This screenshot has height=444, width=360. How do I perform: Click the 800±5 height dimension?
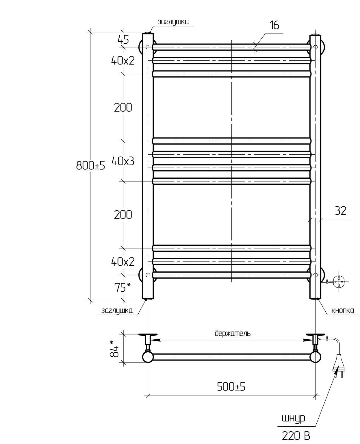(x=91, y=166)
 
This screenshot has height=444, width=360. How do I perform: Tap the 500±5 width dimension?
(x=231, y=387)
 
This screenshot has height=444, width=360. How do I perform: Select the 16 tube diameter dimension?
(x=274, y=25)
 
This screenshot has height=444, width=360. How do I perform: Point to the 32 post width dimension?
(x=341, y=211)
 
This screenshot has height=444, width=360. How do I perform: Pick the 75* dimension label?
(x=123, y=288)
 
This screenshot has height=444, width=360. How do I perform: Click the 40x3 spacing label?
(x=123, y=161)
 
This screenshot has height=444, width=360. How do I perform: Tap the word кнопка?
(x=343, y=317)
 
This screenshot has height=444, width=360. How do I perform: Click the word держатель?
(x=233, y=333)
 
